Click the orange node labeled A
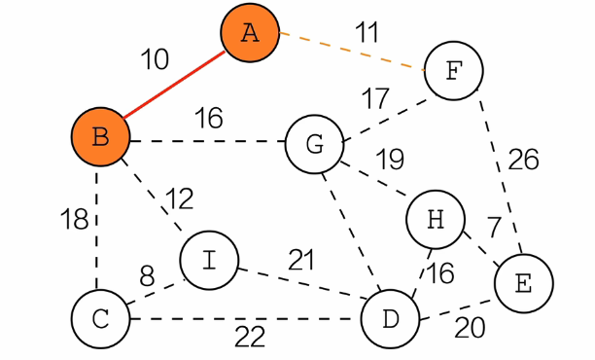[250, 33]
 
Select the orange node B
[100, 137]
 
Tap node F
[454, 71]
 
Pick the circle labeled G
[315, 144]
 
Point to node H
[436, 220]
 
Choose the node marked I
[209, 261]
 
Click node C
[100, 319]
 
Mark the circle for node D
[391, 319]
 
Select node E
[524, 283]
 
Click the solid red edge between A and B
[174, 85]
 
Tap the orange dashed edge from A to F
[352, 51]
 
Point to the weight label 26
[523, 160]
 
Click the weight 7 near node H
[494, 227]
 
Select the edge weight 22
[250, 338]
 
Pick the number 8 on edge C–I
[147, 276]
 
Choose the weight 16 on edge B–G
[209, 118]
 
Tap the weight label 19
[390, 160]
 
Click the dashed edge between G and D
[352, 233]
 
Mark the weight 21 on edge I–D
[301, 260]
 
